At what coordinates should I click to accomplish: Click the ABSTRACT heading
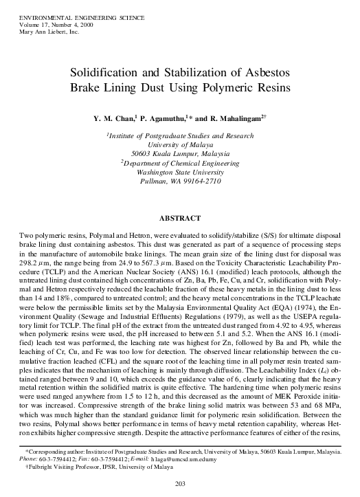click(179, 219)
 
